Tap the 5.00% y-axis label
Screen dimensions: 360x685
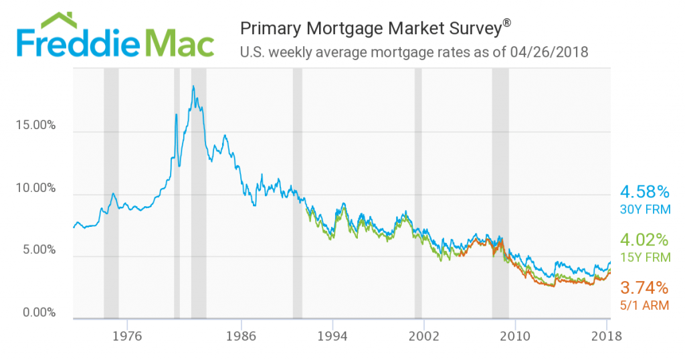[38, 250]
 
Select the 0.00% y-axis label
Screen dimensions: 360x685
[38, 312]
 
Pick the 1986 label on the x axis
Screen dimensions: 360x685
[241, 336]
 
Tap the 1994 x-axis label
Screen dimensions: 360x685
[332, 336]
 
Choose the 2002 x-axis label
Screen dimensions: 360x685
[423, 336]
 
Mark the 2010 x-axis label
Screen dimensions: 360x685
[515, 336]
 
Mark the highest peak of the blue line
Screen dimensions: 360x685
[193, 86]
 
